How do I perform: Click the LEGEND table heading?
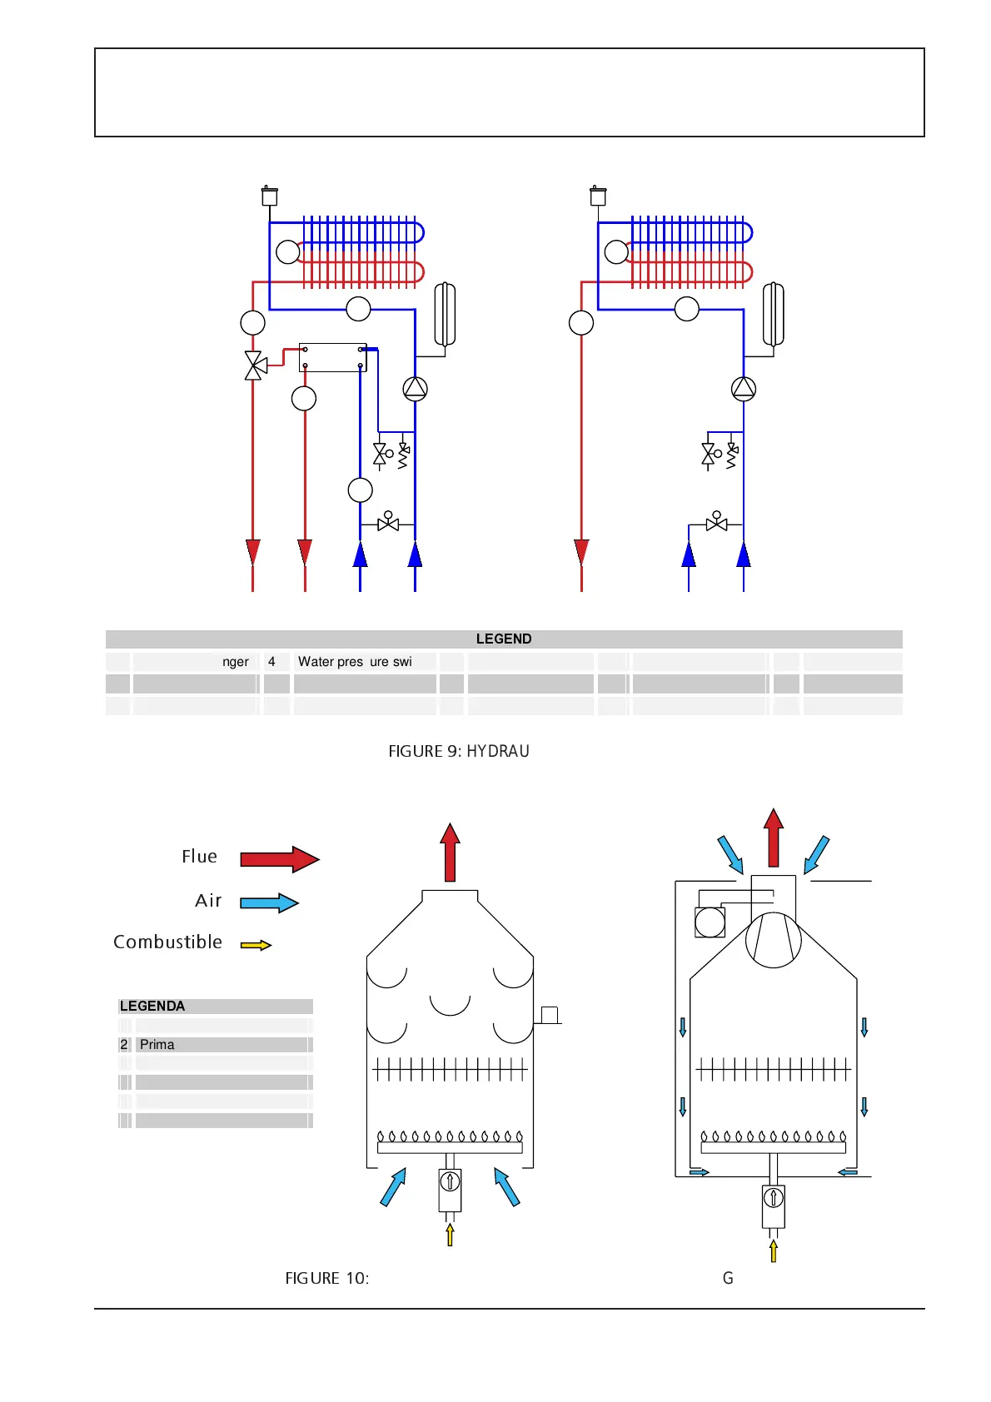(503, 639)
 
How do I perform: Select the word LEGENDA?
(152, 1006)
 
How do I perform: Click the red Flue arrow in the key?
(279, 858)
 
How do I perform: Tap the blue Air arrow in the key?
(268, 902)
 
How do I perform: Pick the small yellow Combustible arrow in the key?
(256, 945)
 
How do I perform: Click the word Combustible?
(167, 942)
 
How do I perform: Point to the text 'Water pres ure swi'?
(355, 662)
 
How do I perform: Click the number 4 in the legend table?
(271, 662)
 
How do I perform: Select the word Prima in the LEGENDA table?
(157, 1045)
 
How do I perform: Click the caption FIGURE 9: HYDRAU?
(458, 751)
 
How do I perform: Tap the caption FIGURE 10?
(326, 1278)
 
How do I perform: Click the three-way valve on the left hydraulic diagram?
(254, 365)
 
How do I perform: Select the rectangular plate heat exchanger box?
(333, 357)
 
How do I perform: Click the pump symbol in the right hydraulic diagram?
(743, 389)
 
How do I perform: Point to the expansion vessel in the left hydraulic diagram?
(445, 314)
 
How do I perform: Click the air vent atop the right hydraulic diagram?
(598, 196)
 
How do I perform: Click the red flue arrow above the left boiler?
(450, 852)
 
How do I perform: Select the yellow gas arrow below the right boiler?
(774, 1250)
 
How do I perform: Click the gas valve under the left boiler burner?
(450, 1190)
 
